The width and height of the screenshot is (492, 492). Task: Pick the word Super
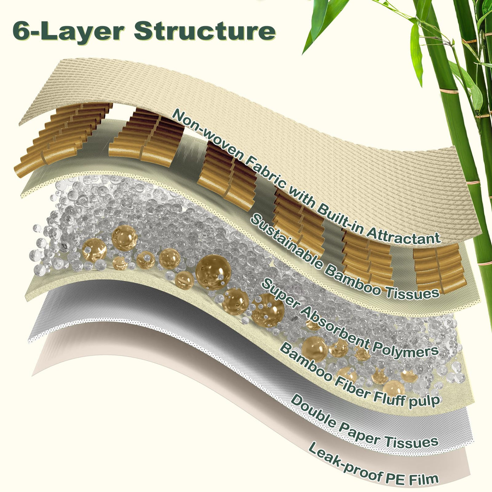(279, 294)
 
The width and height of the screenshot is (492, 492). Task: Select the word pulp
(426, 400)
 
